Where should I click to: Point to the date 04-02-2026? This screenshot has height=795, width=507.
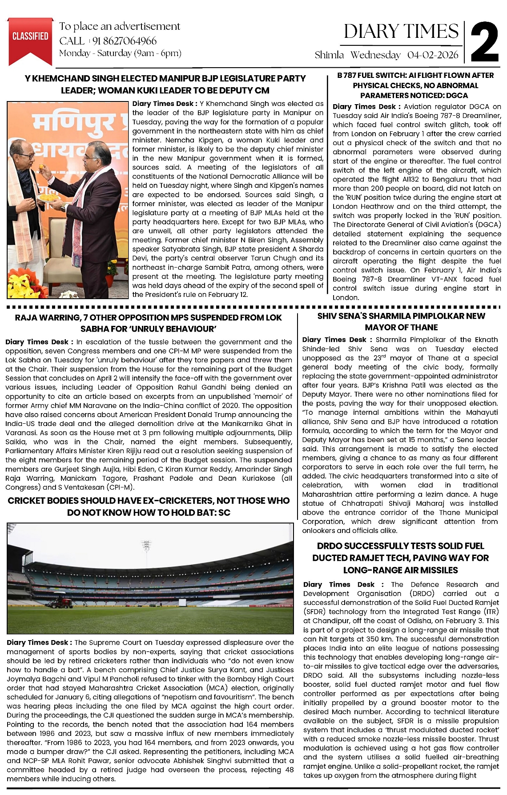[433, 55]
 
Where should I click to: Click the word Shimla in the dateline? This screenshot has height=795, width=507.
[329, 55]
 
